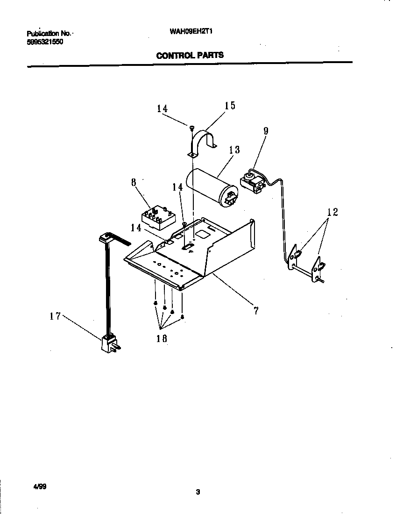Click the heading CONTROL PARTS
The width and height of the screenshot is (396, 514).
(x=190, y=55)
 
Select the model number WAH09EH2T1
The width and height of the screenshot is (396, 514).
(x=188, y=33)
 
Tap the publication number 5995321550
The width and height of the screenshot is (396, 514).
(x=45, y=42)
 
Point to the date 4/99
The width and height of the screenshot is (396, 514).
(x=39, y=486)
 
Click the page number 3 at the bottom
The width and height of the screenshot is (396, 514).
(x=198, y=492)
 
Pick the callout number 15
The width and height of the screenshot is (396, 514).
(x=230, y=106)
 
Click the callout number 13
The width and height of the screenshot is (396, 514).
(x=234, y=150)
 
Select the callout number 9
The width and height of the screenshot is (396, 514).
(x=266, y=131)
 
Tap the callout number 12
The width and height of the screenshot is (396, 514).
(x=332, y=212)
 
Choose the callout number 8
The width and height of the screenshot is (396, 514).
(x=134, y=182)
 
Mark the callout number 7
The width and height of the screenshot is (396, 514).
(x=256, y=310)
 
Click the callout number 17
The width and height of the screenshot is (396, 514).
(x=55, y=316)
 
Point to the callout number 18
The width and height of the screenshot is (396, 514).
(x=162, y=339)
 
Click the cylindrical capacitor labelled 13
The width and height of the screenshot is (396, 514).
(x=210, y=187)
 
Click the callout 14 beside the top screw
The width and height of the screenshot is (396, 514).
(x=162, y=108)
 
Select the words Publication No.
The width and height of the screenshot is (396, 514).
(x=49, y=34)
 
